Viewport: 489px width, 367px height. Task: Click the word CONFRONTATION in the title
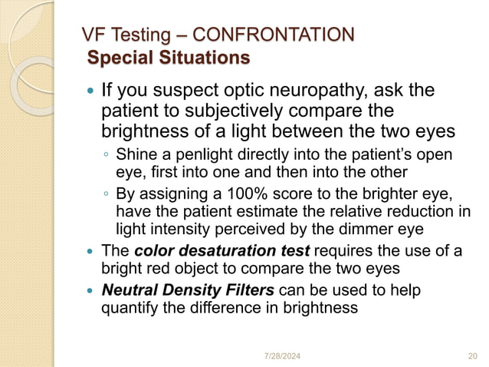(x=274, y=35)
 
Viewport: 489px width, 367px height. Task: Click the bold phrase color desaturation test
(x=222, y=251)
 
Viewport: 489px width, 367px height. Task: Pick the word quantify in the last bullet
(x=131, y=309)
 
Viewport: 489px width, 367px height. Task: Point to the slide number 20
(x=472, y=355)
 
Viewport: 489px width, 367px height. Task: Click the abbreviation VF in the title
(x=94, y=35)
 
